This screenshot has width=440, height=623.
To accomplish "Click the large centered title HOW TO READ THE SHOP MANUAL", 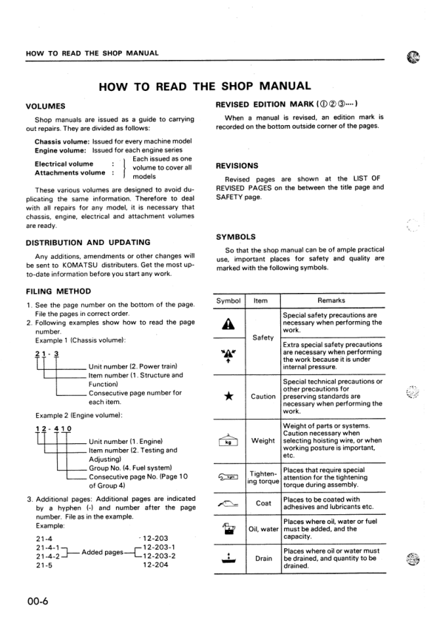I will [205, 86].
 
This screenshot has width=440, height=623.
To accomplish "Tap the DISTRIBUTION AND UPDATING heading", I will [88, 242].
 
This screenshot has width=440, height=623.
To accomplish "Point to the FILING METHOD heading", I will [58, 292].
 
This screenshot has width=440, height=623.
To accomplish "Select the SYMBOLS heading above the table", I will [235, 237].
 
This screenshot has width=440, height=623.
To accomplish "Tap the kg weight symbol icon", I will [229, 442].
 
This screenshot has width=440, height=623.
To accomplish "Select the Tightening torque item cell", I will [263, 479].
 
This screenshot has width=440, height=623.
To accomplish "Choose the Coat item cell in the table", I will [263, 504].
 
